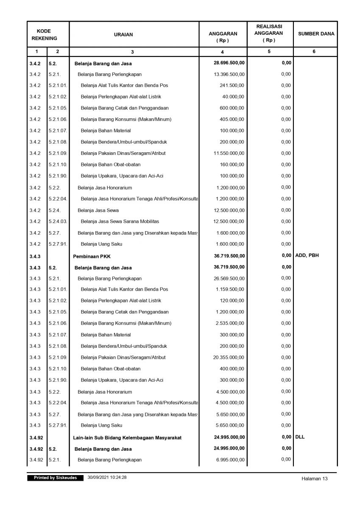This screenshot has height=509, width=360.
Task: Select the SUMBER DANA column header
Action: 316,34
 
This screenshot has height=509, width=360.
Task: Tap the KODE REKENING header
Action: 44,35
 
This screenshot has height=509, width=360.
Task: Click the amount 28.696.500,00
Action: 229,63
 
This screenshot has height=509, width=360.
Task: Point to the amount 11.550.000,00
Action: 229,153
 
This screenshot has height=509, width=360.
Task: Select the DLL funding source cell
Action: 300,436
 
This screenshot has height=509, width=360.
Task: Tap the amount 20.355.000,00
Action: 229,358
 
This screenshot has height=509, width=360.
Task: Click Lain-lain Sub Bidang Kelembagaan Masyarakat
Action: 127,438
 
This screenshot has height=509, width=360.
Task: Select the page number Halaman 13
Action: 315,478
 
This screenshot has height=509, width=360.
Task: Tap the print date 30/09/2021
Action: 98,478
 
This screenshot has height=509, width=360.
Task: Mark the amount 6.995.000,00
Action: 230,460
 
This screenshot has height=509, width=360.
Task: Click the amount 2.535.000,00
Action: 230,323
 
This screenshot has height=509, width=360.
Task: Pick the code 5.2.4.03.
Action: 58,221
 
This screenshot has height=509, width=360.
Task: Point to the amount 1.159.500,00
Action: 230,289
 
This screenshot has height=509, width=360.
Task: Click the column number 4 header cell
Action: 223,52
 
